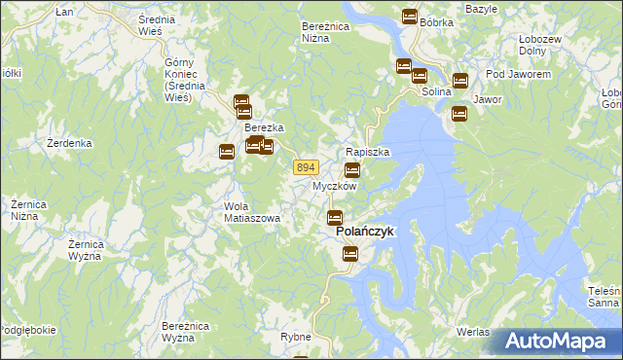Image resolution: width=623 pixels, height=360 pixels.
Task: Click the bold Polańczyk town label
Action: click(x=364, y=234)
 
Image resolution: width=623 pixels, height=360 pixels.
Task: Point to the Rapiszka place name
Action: click(x=368, y=153)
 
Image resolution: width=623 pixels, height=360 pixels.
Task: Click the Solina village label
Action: click(x=439, y=92)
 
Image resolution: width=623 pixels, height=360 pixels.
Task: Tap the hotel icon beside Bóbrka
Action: click(x=409, y=17)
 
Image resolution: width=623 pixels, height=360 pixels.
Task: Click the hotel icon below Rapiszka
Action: click(x=352, y=170)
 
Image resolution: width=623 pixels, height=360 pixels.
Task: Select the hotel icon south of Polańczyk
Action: click(x=350, y=254)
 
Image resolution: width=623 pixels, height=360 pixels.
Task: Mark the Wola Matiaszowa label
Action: click(x=252, y=212)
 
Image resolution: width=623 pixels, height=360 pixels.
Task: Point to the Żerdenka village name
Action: click(x=69, y=143)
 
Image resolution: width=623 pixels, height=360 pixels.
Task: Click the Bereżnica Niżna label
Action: click(x=325, y=32)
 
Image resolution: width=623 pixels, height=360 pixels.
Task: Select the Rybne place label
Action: click(x=294, y=337)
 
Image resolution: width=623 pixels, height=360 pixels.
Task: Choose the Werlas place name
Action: click(x=472, y=332)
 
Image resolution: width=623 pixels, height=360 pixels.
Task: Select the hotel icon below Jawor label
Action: click(x=458, y=114)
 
